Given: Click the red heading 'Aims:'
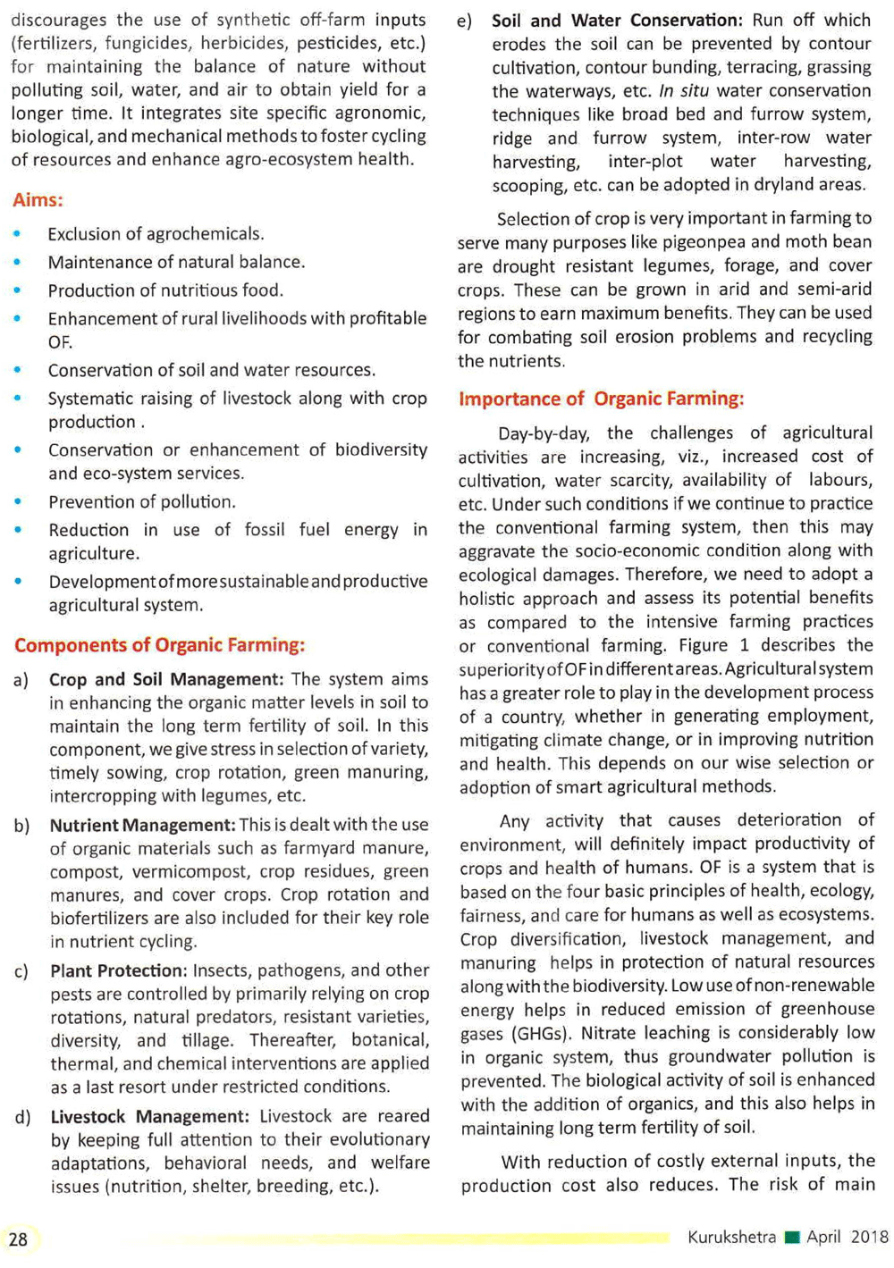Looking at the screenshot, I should [x=38, y=200].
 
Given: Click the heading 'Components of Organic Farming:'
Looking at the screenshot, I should [x=159, y=645].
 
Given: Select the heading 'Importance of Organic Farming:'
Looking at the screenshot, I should [x=601, y=399].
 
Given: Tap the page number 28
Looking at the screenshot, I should [x=18, y=1239].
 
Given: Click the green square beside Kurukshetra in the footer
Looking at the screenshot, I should [x=791, y=1239].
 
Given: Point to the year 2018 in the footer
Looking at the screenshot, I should [x=869, y=1238].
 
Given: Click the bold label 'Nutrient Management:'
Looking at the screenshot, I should [x=142, y=826].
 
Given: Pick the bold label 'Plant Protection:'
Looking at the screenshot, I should [x=117, y=970].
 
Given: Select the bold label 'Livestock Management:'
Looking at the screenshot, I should [x=149, y=1117].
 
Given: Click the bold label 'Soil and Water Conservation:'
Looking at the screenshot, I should [x=617, y=20].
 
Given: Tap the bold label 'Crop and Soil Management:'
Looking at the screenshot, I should [x=165, y=679].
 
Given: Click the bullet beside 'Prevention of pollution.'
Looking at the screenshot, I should [x=18, y=501].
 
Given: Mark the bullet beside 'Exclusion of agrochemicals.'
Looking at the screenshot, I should [x=18, y=233].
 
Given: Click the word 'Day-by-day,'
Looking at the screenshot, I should [x=544, y=434].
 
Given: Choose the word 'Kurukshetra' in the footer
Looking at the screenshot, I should [x=731, y=1238].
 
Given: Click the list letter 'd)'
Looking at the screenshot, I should [x=21, y=1117].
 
